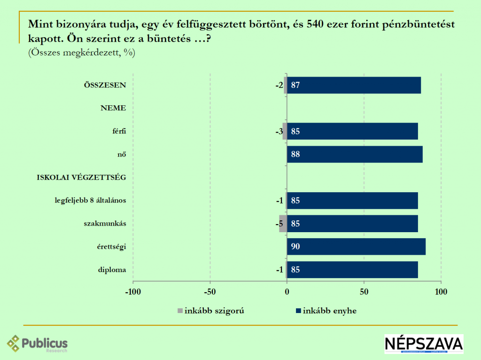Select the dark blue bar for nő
click(355, 154)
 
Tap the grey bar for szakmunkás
click(283, 224)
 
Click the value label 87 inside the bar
click(295, 85)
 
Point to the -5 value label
click(279, 224)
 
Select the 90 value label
click(295, 247)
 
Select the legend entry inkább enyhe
click(326, 311)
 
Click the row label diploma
click(112, 270)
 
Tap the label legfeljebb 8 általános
click(91, 201)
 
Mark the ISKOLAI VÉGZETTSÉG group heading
click(81, 177)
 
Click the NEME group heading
click(113, 108)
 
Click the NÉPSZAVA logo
click(424, 344)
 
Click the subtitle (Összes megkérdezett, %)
click(82, 53)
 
